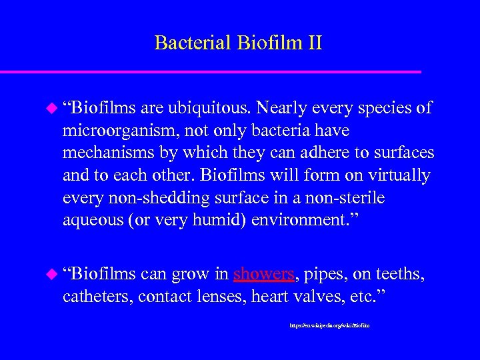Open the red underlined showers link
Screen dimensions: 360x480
[263, 275]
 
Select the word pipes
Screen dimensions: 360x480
[323, 275]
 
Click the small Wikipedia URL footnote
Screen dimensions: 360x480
[329, 327]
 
